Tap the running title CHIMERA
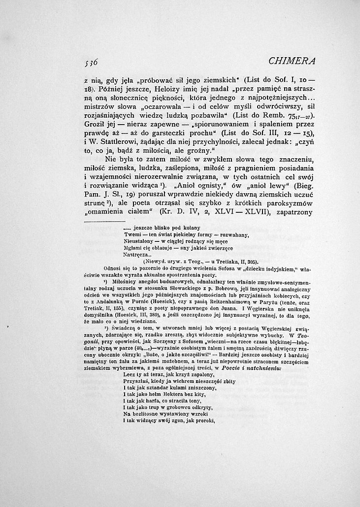point(292,61)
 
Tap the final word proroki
point(204,421)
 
